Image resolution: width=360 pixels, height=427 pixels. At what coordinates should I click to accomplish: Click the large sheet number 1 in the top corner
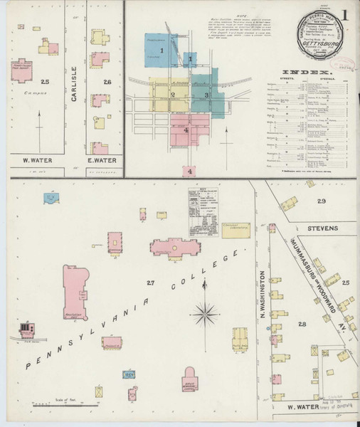click(345, 14)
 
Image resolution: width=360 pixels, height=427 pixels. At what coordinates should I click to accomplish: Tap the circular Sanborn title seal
click(319, 35)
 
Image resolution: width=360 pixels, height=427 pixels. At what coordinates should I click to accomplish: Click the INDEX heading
click(307, 73)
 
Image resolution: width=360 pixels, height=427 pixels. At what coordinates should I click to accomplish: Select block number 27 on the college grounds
click(150, 283)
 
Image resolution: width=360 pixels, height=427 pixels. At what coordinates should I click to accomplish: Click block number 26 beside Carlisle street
click(107, 82)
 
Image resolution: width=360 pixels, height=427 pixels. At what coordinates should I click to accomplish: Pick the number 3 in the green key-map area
click(206, 94)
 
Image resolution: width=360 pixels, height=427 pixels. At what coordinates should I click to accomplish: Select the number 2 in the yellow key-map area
click(173, 94)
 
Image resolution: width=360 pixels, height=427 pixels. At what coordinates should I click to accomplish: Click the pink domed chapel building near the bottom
click(191, 378)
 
